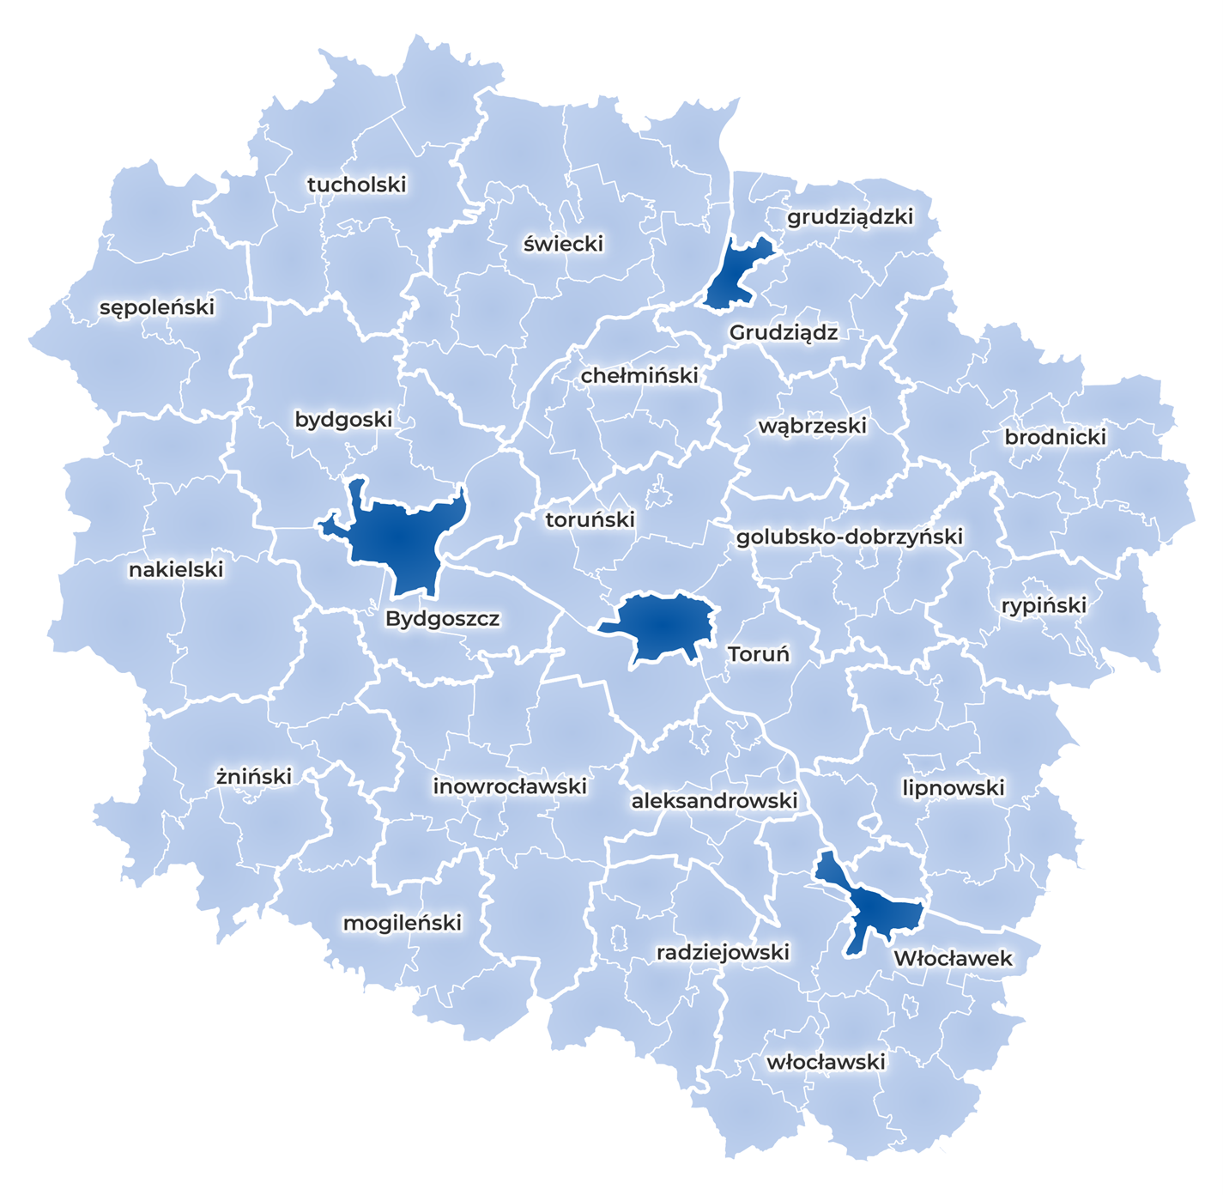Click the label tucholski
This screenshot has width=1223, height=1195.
point(356,185)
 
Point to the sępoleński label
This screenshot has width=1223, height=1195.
point(157,307)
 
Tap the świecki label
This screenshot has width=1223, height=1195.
point(563,244)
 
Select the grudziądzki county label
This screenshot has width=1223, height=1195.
point(850,217)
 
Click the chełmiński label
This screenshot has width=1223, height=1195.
point(639,376)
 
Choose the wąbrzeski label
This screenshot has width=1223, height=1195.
point(812,426)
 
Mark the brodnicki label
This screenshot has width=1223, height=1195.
point(1055,437)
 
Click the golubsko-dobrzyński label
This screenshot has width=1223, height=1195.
point(849,537)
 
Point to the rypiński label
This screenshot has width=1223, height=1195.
point(1044,606)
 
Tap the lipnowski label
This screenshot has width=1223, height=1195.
point(953,788)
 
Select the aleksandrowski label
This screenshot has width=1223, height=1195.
point(714,801)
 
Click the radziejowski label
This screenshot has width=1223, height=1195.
point(723,952)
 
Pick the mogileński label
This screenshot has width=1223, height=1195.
point(402,923)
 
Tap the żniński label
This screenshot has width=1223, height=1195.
point(253,777)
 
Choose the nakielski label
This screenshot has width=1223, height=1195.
point(176,570)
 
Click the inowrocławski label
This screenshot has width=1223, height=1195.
point(510,786)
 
